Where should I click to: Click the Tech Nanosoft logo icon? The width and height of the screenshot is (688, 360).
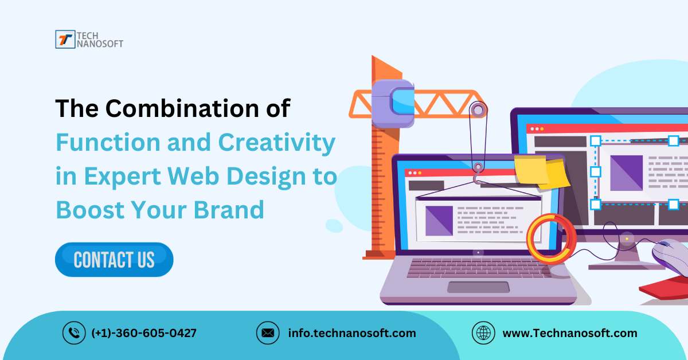coord(65,40)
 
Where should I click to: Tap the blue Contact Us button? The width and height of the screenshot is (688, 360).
coord(114,260)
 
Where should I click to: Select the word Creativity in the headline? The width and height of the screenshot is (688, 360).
coord(277,143)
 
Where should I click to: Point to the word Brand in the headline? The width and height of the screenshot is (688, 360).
coord(229,210)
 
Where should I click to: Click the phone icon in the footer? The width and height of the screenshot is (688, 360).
coord(74,333)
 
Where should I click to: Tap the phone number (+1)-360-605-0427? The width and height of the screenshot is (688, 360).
coord(144,333)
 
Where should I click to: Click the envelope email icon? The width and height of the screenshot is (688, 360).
coord(268,333)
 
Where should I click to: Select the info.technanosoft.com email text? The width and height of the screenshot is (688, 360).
coord(352,333)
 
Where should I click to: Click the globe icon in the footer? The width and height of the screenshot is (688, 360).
coord(483,333)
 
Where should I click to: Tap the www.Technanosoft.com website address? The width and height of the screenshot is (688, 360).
coord(570,333)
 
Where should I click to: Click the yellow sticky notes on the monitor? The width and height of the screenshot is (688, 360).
coord(541,171)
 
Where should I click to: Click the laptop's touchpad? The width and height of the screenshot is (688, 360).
coord(478,288)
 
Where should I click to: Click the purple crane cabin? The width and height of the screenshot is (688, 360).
coord(393,103)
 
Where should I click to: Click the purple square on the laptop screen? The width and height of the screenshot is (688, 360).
coord(439,221)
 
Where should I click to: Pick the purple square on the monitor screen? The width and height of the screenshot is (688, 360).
coord(626,173)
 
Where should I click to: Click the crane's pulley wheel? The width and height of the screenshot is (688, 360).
coord(478,109)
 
